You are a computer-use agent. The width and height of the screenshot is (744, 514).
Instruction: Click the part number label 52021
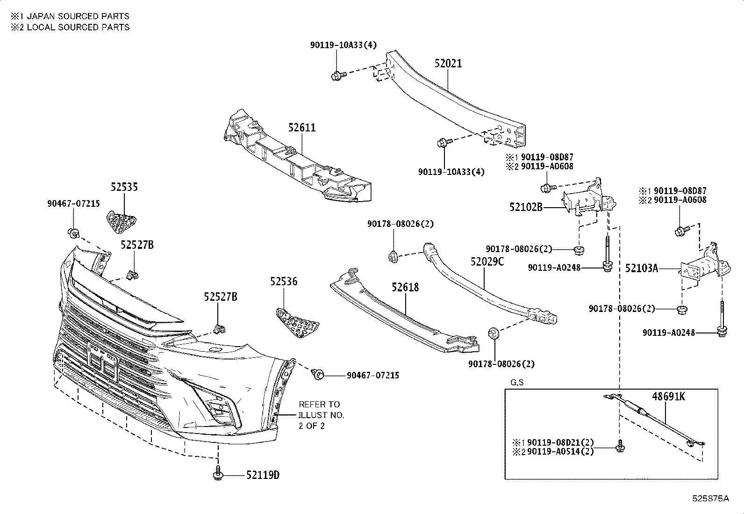point(448,64)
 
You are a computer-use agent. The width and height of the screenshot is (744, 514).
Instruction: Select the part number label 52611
point(301,127)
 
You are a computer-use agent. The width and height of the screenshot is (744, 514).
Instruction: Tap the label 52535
point(124,187)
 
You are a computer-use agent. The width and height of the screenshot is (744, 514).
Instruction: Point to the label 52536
point(283,282)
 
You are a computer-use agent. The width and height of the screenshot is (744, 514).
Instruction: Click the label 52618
point(405,287)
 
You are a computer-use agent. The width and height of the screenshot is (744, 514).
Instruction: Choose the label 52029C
point(487,261)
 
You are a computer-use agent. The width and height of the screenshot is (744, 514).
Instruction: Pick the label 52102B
point(526,207)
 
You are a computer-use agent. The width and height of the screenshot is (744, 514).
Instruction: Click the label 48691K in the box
point(668,397)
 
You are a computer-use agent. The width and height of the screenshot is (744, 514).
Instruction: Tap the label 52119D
point(263,475)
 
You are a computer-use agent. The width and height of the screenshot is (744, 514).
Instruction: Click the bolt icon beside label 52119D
point(218,473)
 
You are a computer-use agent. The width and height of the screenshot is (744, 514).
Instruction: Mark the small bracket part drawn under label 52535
point(121,222)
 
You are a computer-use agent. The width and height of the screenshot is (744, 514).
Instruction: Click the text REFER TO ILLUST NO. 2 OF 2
point(322,415)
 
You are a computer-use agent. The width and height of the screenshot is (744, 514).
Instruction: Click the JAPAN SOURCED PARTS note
point(70,16)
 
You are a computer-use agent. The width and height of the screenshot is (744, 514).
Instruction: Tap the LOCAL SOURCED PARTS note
point(70,27)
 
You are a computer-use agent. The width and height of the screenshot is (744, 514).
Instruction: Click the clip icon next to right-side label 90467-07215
point(319,374)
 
